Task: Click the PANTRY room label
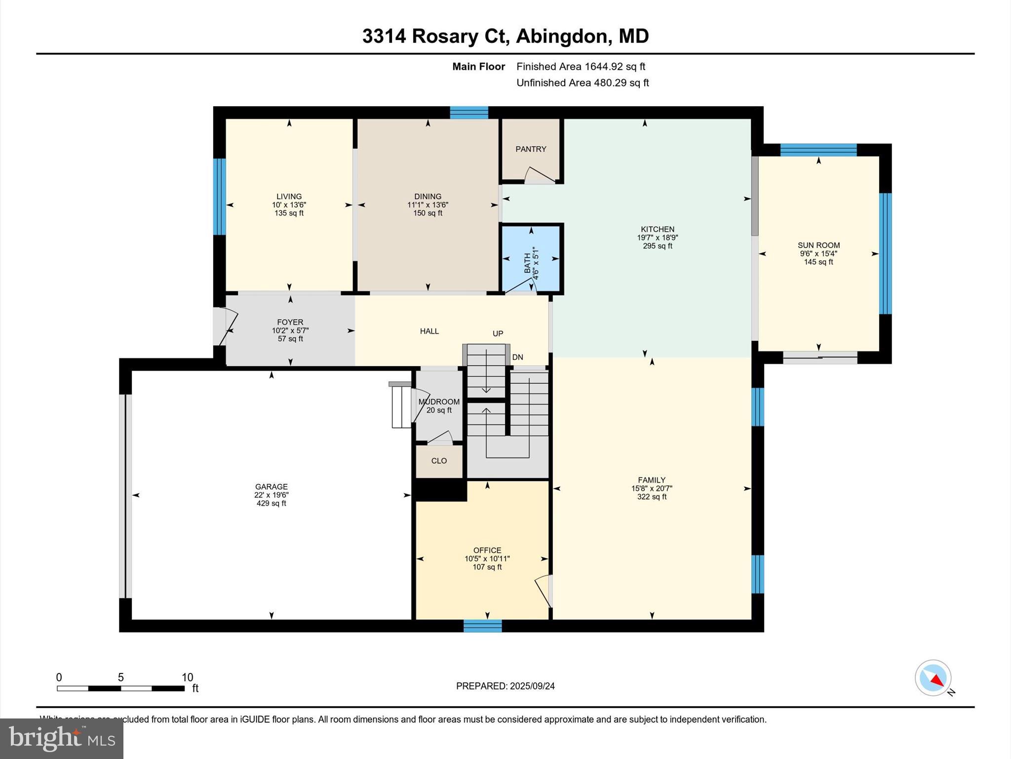(531, 149)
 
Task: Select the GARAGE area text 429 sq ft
(271, 504)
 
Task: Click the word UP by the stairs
(498, 334)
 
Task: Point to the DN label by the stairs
(517, 357)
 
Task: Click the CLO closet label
(439, 461)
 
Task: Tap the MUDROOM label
(439, 402)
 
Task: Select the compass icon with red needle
(933, 678)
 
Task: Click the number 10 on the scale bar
(187, 677)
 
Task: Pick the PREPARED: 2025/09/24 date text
(505, 686)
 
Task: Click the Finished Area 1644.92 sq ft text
(581, 67)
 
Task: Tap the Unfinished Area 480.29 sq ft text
(583, 83)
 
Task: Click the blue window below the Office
(482, 626)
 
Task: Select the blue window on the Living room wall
(219, 196)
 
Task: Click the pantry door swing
(539, 176)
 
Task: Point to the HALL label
(429, 331)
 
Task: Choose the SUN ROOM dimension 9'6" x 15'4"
(818, 253)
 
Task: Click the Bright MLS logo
(62, 738)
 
